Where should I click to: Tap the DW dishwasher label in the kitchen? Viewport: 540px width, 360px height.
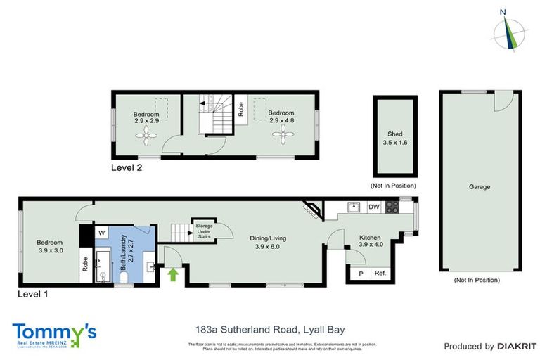tap(374, 207)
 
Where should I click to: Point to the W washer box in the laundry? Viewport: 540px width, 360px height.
tap(102, 232)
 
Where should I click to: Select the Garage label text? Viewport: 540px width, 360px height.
tap(480, 187)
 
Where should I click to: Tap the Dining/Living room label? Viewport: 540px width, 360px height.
tap(268, 243)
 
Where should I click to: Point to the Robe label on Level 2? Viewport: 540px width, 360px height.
tap(240, 110)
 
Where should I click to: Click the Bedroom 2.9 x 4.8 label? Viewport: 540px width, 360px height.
tap(281, 117)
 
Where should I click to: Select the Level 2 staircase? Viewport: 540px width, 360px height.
tap(213, 116)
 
